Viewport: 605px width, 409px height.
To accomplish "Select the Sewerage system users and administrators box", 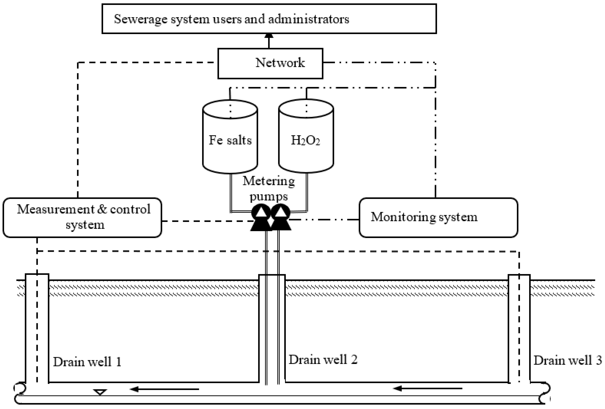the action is (x=269, y=19).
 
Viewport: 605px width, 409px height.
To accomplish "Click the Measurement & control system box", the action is (x=82, y=218).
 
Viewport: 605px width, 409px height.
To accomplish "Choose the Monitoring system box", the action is (x=438, y=218).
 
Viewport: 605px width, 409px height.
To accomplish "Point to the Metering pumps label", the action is (x=269, y=188).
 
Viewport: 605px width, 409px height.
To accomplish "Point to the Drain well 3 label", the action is (x=568, y=360).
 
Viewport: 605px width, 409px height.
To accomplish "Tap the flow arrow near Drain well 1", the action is (x=164, y=389).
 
